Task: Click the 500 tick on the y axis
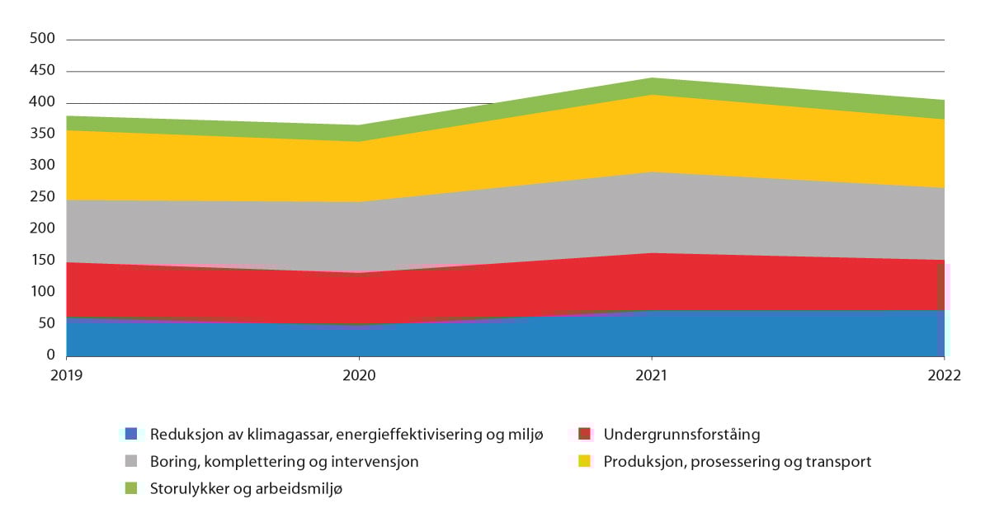[42, 39]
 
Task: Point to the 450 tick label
[42, 71]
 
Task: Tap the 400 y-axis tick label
[42, 102]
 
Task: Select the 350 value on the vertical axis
[42, 134]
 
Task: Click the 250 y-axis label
[42, 197]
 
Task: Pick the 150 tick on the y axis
[42, 261]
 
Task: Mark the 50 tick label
[46, 323]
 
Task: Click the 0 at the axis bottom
[50, 355]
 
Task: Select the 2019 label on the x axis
[67, 375]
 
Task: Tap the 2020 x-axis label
[359, 375]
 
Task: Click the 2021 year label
[652, 375]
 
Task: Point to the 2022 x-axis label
[944, 375]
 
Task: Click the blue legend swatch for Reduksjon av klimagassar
[130, 434]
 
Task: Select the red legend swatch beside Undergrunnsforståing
[584, 434]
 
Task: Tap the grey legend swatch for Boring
[130, 462]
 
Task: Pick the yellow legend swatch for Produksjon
[584, 462]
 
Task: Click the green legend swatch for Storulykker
[130, 489]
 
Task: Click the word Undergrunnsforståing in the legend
[681, 434]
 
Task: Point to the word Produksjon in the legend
[643, 462]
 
